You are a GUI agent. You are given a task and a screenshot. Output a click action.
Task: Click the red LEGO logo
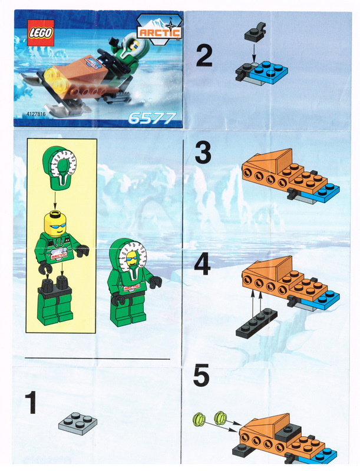[41, 33]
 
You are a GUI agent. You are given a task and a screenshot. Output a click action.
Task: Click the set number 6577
[152, 118]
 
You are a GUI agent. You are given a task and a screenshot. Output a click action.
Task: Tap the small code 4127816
[36, 114]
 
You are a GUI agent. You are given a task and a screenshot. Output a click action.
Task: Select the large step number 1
[31, 403]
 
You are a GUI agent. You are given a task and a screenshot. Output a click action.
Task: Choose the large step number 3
[203, 153]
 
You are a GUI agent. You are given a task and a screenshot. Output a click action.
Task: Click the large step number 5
[202, 375]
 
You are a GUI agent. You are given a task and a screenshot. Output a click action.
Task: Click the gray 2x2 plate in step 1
[78, 423]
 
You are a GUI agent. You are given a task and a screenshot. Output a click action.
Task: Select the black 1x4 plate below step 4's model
[257, 323]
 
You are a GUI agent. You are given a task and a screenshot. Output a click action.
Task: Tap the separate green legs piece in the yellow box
[55, 301]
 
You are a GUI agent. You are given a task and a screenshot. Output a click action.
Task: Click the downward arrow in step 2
[254, 54]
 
